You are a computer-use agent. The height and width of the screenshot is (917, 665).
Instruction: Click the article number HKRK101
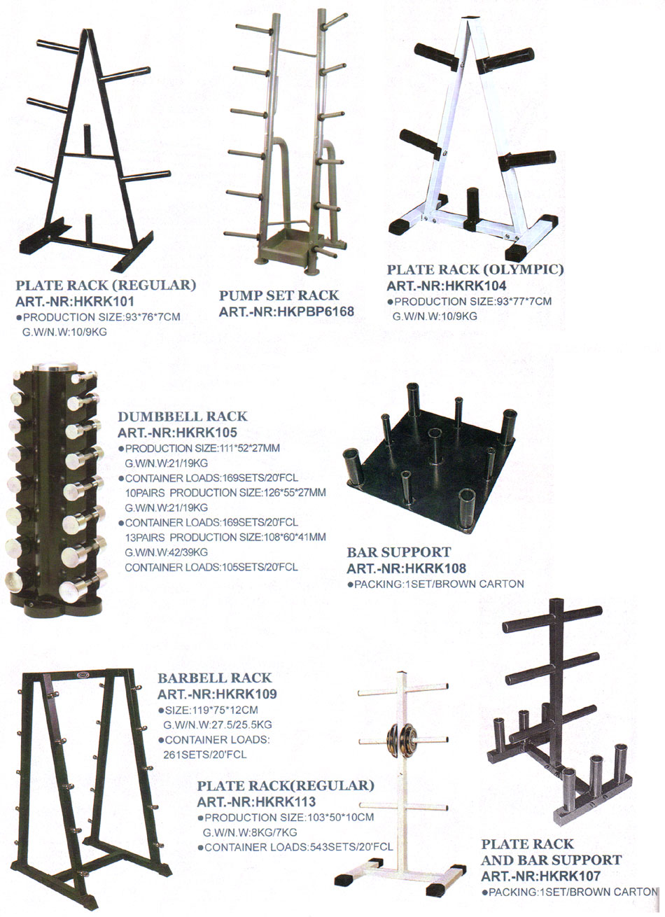pos(75,301)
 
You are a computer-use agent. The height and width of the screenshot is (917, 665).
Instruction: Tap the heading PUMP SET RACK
pos(279,295)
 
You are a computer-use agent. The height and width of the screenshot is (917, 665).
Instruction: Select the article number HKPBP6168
pos(286,311)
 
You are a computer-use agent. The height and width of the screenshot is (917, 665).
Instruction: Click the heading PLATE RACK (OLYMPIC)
pos(475,269)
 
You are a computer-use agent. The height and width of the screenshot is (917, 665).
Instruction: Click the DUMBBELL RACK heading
pos(183,416)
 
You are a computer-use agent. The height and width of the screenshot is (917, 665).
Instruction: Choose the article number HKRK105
pos(177,433)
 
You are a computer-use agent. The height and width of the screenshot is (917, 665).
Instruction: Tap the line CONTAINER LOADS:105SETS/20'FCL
pos(211,568)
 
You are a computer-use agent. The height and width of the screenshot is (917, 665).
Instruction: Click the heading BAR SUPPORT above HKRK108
pos(399,552)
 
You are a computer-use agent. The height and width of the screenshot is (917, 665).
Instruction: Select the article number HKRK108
pos(406,568)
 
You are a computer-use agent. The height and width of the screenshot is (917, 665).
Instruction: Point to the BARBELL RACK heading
pos(215,678)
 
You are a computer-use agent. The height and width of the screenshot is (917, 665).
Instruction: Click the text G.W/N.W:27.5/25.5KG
pos(218,724)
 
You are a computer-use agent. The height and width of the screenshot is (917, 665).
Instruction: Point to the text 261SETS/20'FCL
pos(204,754)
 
